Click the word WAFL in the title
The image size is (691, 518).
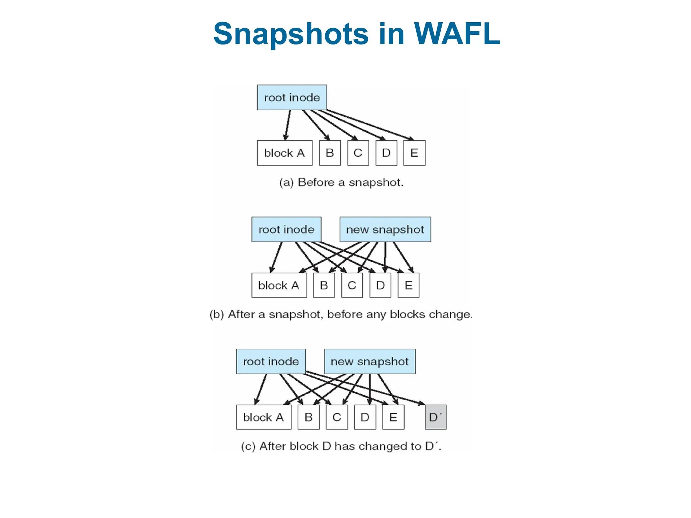pos(457,34)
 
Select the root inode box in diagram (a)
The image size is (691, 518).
pos(292,97)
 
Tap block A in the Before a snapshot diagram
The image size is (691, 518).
pos(284,153)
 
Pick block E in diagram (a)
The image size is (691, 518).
pos(414,153)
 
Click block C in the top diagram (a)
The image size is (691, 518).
pos(358,153)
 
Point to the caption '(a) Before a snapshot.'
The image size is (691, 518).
pos(341,182)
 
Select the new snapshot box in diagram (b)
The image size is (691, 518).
pos(385,230)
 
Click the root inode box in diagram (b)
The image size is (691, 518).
pos(286,230)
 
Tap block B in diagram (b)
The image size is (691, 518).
pos(324,285)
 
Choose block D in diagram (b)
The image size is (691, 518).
pos(380,285)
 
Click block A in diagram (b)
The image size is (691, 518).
pos(279,285)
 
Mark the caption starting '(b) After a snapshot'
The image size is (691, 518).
pos(341,314)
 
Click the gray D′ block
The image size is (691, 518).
pos(436,417)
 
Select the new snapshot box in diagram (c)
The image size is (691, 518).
pos(369,362)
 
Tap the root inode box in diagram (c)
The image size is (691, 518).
pos(271,362)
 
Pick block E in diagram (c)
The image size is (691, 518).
pos(393,417)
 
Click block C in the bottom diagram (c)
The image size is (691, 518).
pos(337,417)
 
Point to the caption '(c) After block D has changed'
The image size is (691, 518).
pos(341,446)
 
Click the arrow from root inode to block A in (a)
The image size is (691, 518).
pos(287,125)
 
